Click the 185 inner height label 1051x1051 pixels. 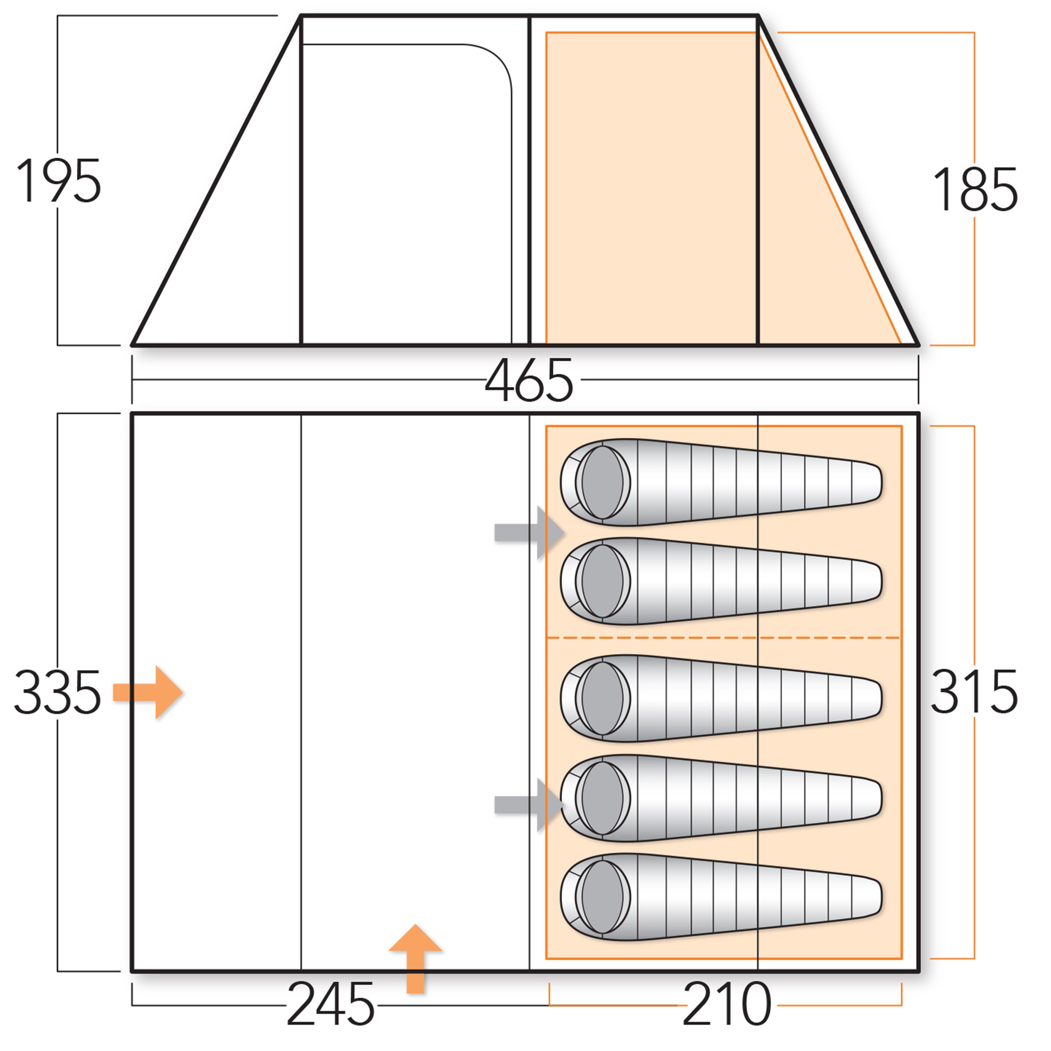pos(974,190)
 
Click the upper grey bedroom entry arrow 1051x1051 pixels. pos(529,533)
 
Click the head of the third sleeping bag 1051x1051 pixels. pos(602,698)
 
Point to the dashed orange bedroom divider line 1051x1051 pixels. pos(724,637)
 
